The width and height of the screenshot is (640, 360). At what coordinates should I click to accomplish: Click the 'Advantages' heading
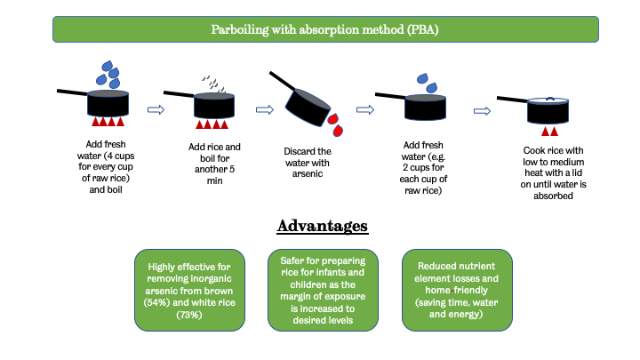324,225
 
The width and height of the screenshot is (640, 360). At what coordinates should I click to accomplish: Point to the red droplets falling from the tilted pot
335,123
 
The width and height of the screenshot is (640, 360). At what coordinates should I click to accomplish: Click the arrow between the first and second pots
156,110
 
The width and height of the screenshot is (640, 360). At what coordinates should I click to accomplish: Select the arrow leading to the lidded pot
482,111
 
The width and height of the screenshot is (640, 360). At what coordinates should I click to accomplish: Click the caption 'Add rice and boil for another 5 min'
214,164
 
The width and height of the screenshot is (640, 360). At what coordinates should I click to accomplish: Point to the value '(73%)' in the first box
188,315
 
